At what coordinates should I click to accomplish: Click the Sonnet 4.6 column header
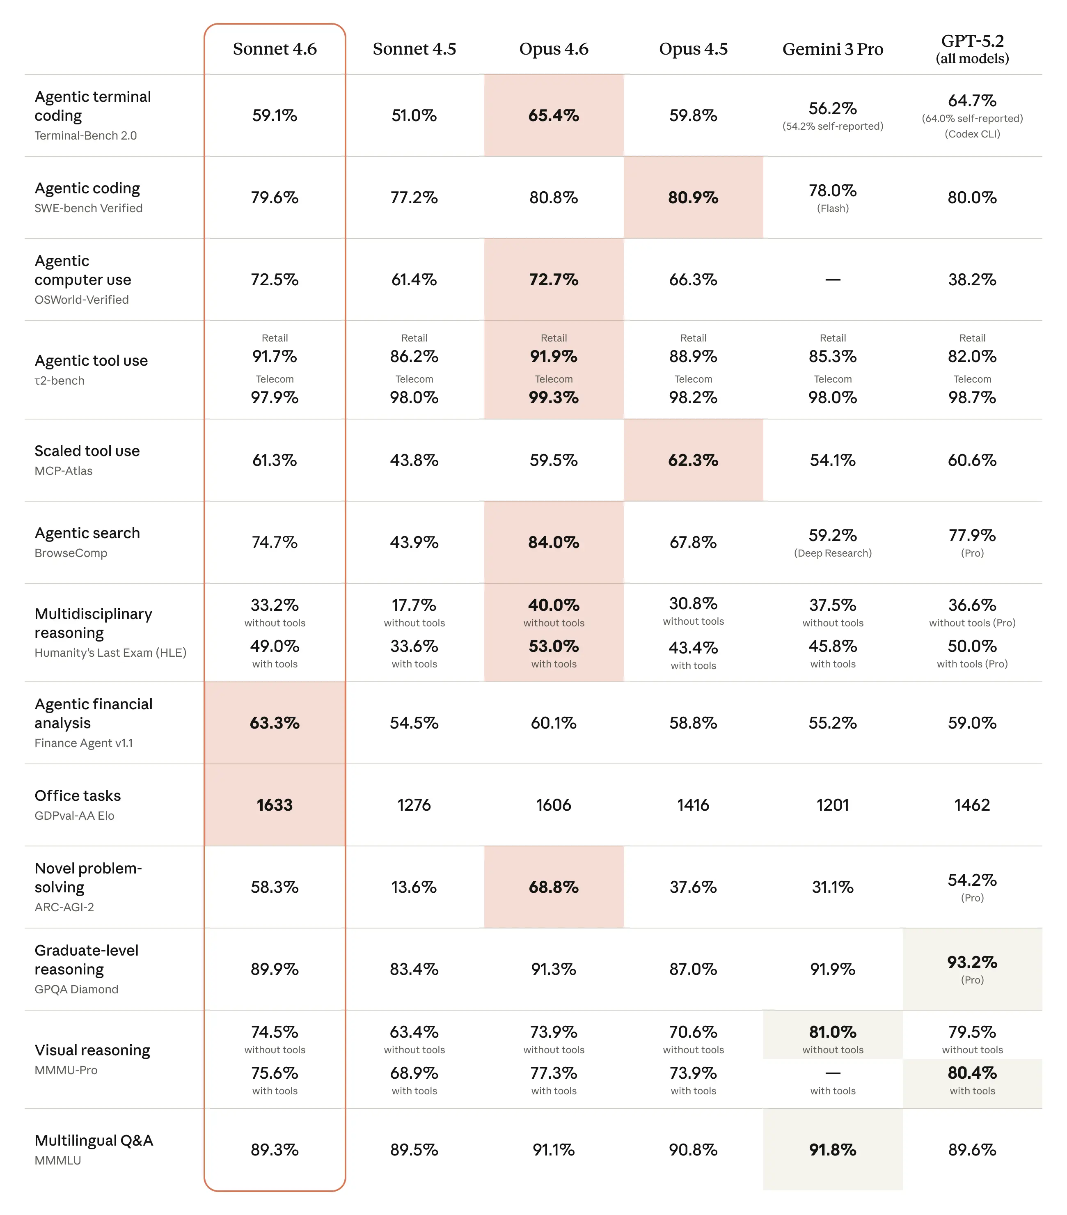pos(275,49)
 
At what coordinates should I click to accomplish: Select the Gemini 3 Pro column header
pos(832,49)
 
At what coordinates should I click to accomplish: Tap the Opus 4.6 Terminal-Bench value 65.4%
pos(554,115)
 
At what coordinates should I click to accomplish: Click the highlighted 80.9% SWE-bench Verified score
pos(693,197)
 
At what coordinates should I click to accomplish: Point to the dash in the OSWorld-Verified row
pos(832,280)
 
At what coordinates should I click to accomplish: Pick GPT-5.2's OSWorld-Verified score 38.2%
pos(972,280)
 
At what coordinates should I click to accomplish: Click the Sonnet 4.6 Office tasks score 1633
pos(275,805)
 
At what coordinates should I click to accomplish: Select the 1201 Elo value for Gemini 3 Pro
pos(832,805)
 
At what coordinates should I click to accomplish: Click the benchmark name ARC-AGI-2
pos(64,907)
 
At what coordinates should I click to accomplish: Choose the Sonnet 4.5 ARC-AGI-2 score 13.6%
pos(414,887)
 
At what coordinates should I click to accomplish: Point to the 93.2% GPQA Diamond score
pos(972,962)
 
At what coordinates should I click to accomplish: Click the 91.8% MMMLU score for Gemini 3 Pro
pos(832,1150)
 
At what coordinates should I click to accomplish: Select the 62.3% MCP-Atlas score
pos(693,460)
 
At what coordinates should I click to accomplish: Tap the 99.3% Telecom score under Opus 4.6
pos(554,397)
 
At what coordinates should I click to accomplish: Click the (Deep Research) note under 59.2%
pos(832,553)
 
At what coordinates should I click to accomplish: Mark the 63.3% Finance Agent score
pos(275,723)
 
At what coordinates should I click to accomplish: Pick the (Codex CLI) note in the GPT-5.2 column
pos(972,134)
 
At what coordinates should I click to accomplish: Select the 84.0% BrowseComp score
pos(554,542)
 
